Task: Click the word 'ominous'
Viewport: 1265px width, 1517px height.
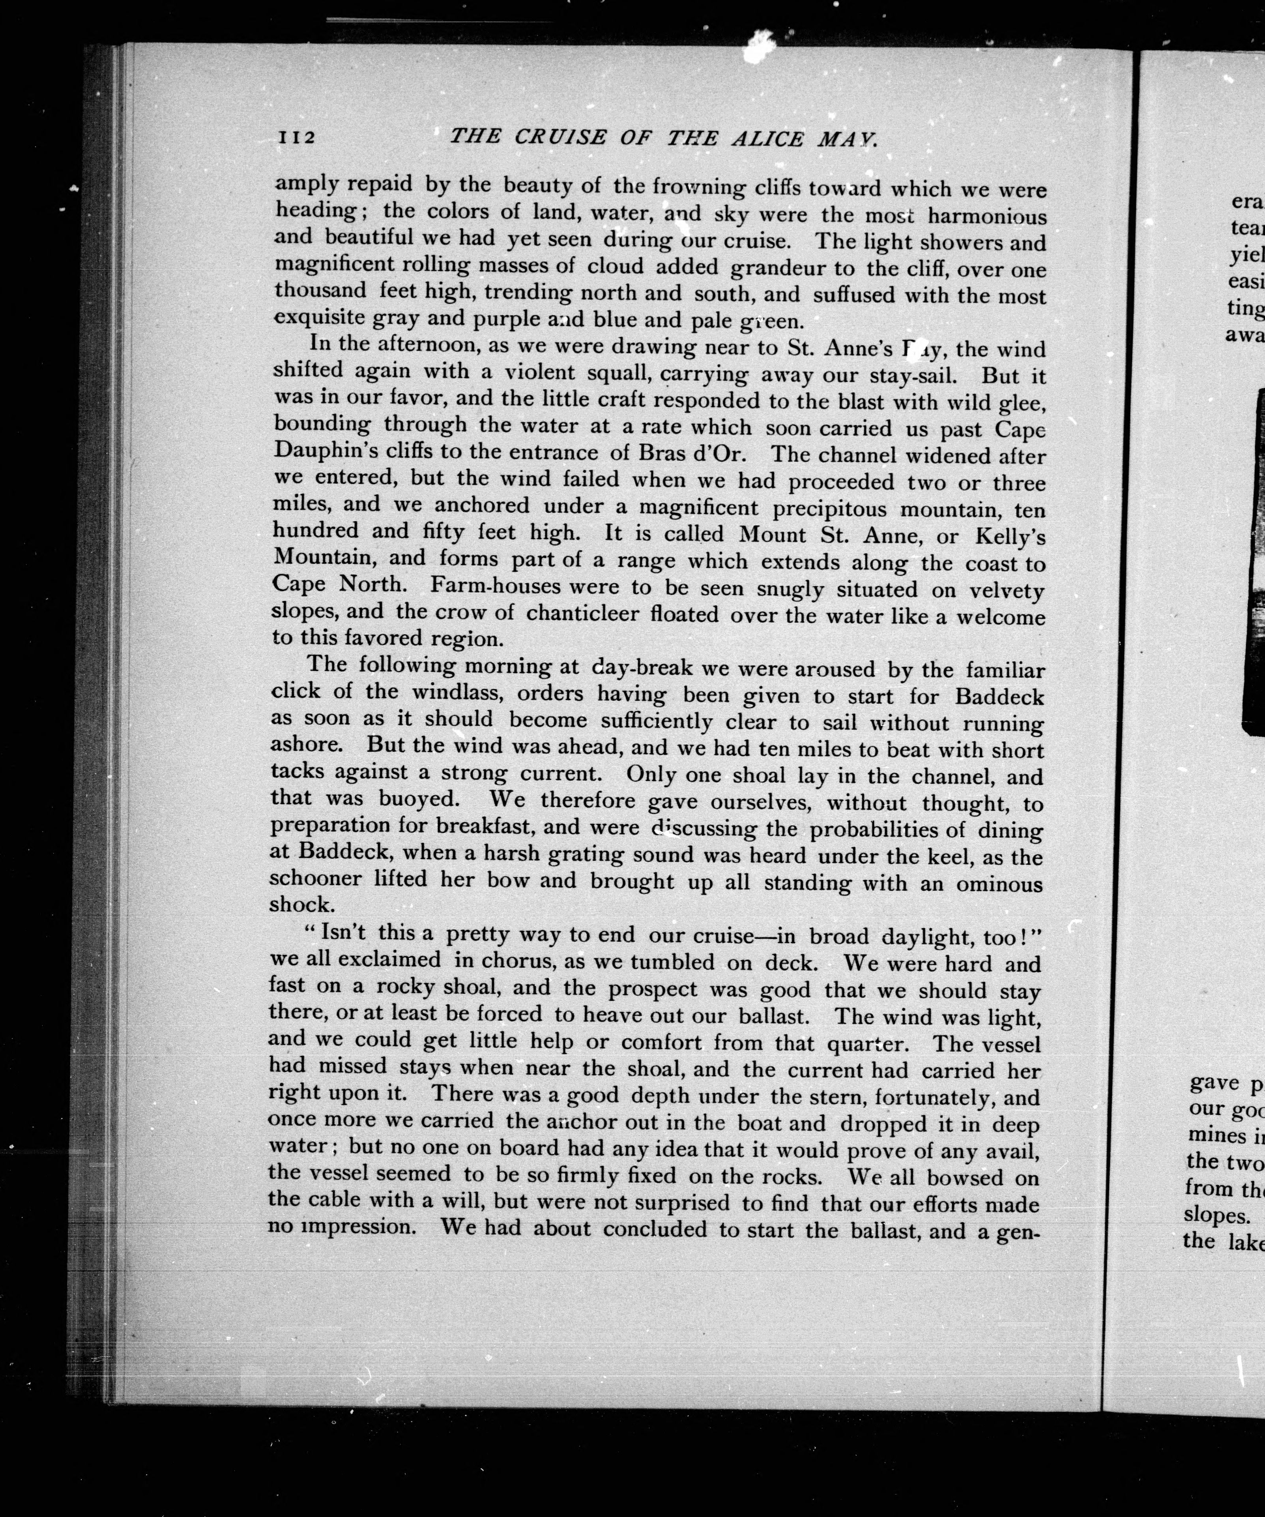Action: click(1000, 884)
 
